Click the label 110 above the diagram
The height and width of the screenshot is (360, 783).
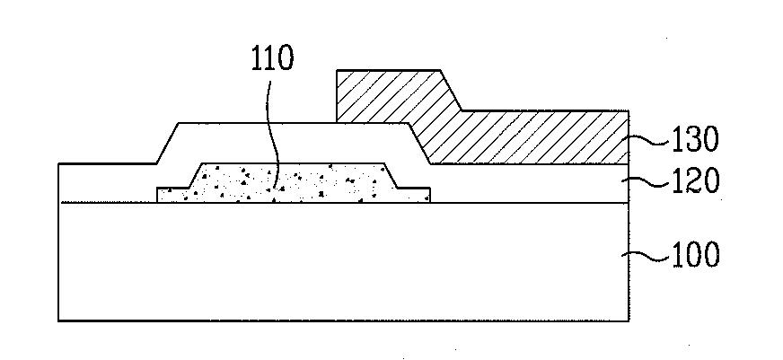(x=272, y=58)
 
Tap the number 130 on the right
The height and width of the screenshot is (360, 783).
(x=696, y=139)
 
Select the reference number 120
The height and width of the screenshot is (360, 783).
(x=696, y=180)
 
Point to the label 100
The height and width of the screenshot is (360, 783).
(x=696, y=254)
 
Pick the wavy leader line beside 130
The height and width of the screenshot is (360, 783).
(x=649, y=141)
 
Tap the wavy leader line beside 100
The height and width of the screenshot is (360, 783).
(x=646, y=256)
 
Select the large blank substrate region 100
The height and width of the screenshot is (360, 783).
(x=344, y=261)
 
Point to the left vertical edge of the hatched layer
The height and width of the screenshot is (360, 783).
(x=337, y=96)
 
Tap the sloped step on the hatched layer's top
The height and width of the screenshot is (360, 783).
(x=451, y=91)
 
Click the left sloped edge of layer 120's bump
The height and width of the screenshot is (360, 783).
(x=168, y=143)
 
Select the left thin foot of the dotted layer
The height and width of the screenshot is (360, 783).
(x=172, y=195)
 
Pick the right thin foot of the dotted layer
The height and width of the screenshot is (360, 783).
(x=413, y=195)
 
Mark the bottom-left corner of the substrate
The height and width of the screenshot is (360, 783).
(x=59, y=320)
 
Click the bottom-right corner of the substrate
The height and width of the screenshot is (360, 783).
(x=629, y=320)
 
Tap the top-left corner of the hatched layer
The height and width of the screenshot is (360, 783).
(x=337, y=70)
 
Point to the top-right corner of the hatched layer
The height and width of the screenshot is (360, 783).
(x=629, y=110)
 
